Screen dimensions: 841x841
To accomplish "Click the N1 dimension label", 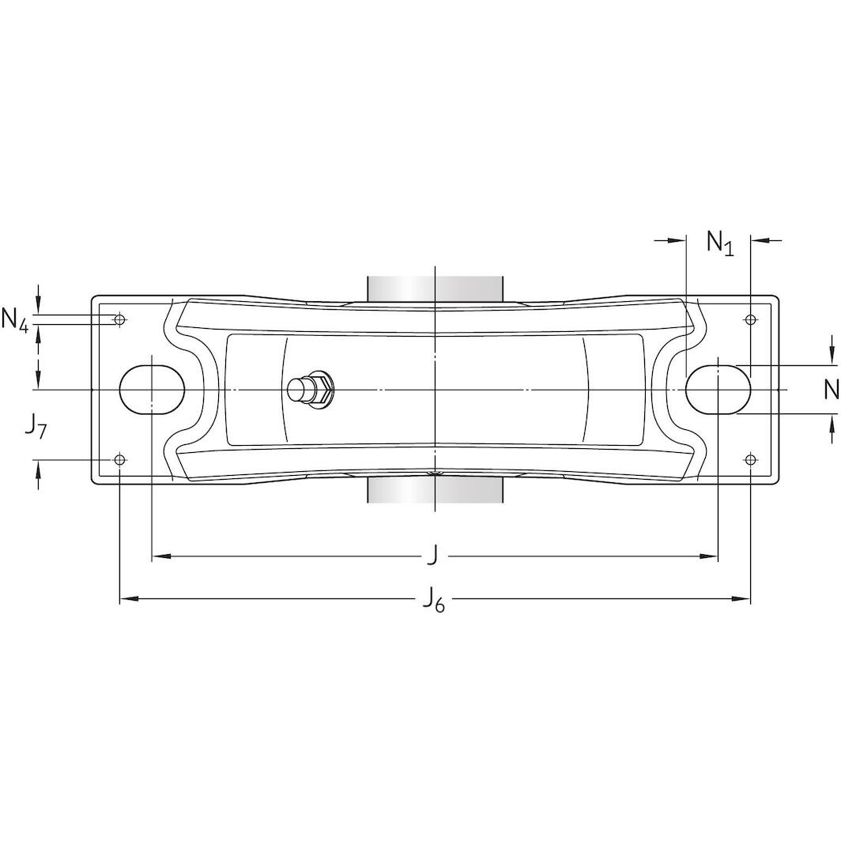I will (x=719, y=242).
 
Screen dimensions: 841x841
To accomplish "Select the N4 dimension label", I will (x=15, y=319).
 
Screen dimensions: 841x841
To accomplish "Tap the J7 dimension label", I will (x=34, y=428).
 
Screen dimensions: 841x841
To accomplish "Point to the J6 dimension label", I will (x=433, y=600).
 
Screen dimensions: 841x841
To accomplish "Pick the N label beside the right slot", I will (x=831, y=389).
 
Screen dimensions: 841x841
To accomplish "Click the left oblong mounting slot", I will (x=152, y=390).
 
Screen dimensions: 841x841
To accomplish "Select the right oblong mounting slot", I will (x=718, y=390).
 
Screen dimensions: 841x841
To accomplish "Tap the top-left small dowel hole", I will (x=119, y=319).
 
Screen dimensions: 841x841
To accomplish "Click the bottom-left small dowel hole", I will (x=119, y=460).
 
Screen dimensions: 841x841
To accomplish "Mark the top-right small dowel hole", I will (x=751, y=319).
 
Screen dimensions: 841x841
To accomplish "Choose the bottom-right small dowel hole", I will (x=751, y=460).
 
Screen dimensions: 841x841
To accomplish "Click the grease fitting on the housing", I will (x=311, y=388).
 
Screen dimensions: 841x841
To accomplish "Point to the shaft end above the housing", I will (x=435, y=288).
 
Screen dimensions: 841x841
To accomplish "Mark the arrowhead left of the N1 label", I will (x=677, y=240).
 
